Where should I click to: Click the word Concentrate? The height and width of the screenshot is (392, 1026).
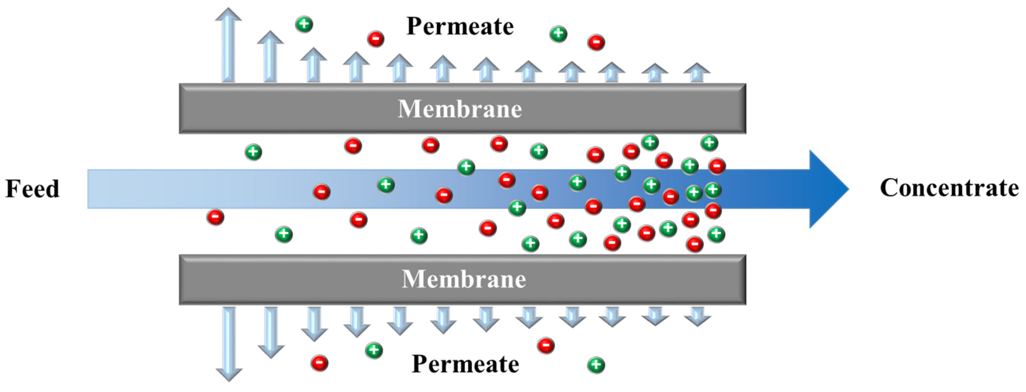[x=949, y=188]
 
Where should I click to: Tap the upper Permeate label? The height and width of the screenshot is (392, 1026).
[x=460, y=27]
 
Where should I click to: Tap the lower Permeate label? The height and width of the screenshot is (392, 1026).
[x=465, y=364]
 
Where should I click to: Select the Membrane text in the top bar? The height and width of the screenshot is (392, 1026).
[x=460, y=109]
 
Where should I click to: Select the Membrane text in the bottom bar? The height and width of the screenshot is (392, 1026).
[x=464, y=279]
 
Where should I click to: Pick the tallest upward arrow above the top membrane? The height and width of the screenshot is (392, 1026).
[x=228, y=46]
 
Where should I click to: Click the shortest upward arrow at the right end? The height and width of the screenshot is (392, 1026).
[x=697, y=73]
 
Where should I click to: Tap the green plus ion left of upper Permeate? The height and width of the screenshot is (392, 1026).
[x=304, y=24]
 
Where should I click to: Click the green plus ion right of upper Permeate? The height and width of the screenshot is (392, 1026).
[x=558, y=34]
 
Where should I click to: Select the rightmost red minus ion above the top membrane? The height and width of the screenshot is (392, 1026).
[x=596, y=42]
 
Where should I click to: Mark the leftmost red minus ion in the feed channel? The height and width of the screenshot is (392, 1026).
[x=215, y=217]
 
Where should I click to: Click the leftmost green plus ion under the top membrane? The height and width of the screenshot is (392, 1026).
[x=253, y=152]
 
